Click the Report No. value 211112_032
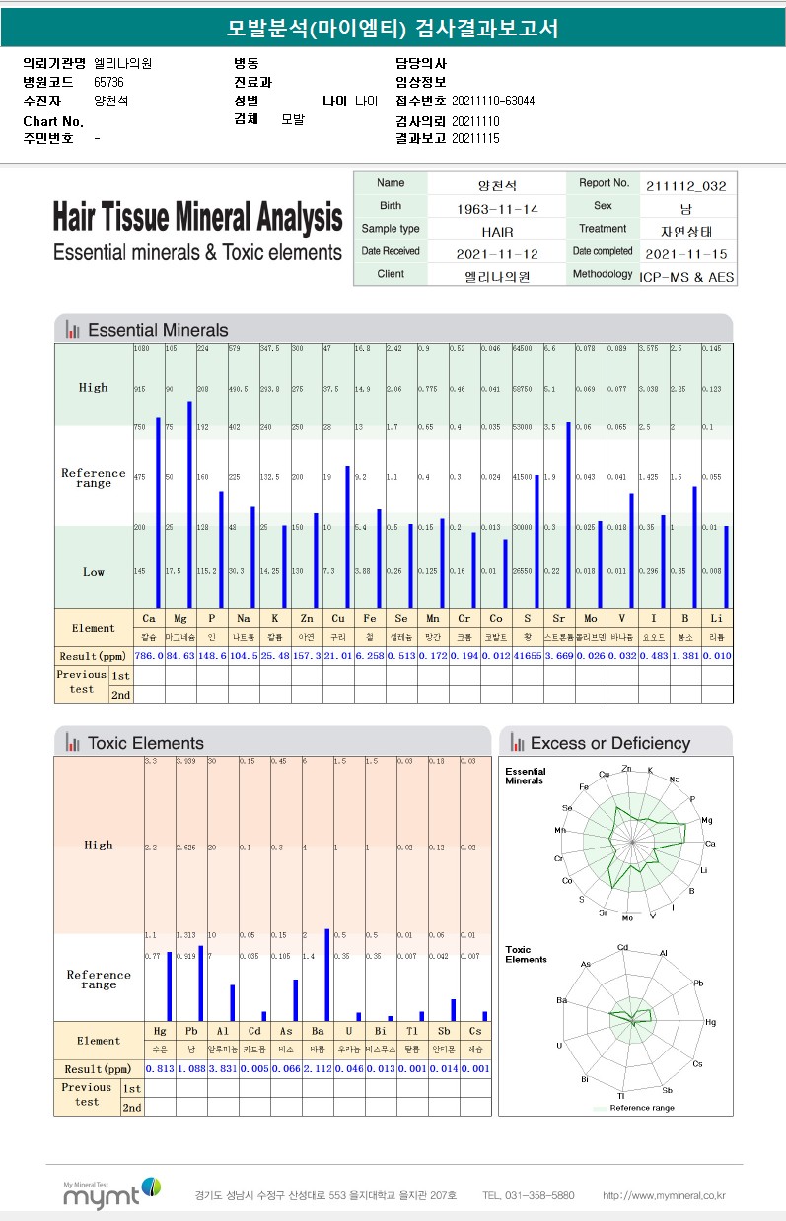[686, 184]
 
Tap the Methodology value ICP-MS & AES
[686, 277]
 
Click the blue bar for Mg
[189, 503]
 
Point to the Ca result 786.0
[148, 655]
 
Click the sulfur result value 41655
[528, 655]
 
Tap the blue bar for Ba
[326, 974]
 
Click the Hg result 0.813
[160, 1068]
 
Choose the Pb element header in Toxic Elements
[191, 1031]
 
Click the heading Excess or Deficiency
[609, 743]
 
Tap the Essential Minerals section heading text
[158, 330]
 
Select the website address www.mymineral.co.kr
[664, 1195]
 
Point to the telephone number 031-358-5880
[529, 1195]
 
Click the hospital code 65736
[108, 82]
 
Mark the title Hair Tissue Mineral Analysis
[197, 217]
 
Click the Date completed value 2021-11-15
[686, 253]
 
